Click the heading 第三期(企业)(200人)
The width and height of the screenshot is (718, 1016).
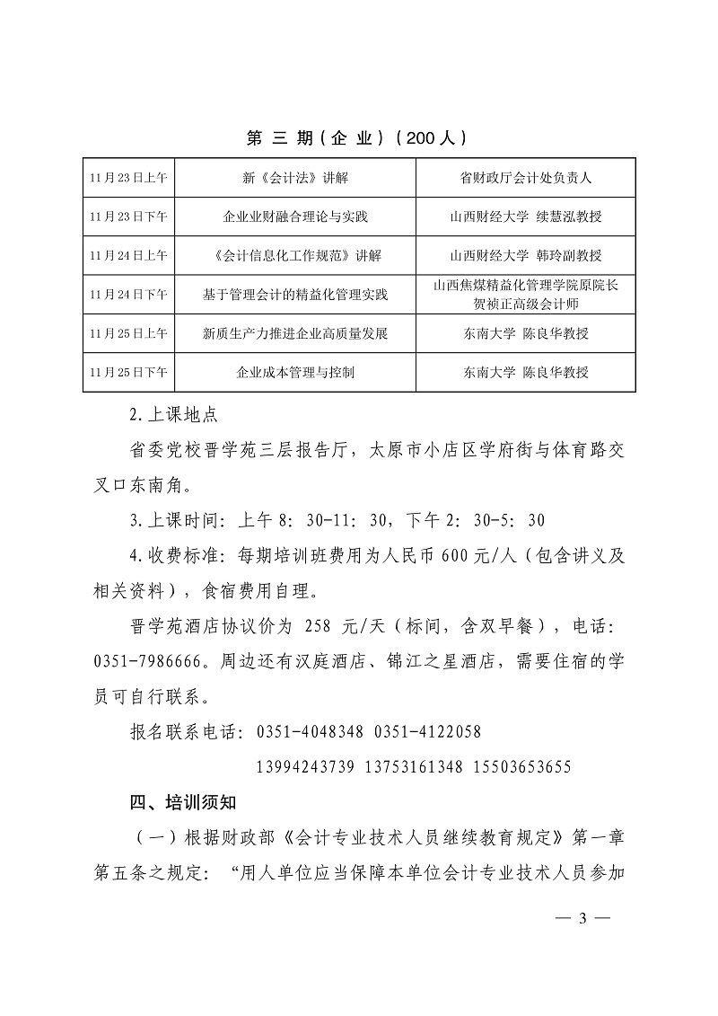[x=357, y=138]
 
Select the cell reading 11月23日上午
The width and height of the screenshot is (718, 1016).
[x=128, y=178]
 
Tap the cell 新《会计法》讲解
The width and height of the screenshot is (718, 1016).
[x=294, y=178]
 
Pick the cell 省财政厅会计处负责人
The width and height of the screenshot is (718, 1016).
[x=525, y=178]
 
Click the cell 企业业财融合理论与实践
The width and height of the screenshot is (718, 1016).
[x=294, y=216]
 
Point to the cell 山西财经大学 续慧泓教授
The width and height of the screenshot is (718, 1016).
[x=525, y=216]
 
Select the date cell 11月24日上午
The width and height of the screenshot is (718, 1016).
[x=128, y=256]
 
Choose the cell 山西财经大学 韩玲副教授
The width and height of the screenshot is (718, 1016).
[x=525, y=256]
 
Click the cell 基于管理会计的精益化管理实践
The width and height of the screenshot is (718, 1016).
[x=294, y=295]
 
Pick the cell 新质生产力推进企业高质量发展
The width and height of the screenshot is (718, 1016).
[x=294, y=333]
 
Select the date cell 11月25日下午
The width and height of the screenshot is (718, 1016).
[x=128, y=372]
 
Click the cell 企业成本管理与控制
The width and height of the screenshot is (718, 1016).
[x=294, y=372]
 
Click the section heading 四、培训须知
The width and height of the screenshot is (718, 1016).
[x=185, y=802]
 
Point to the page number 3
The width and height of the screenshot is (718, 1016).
[x=582, y=918]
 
